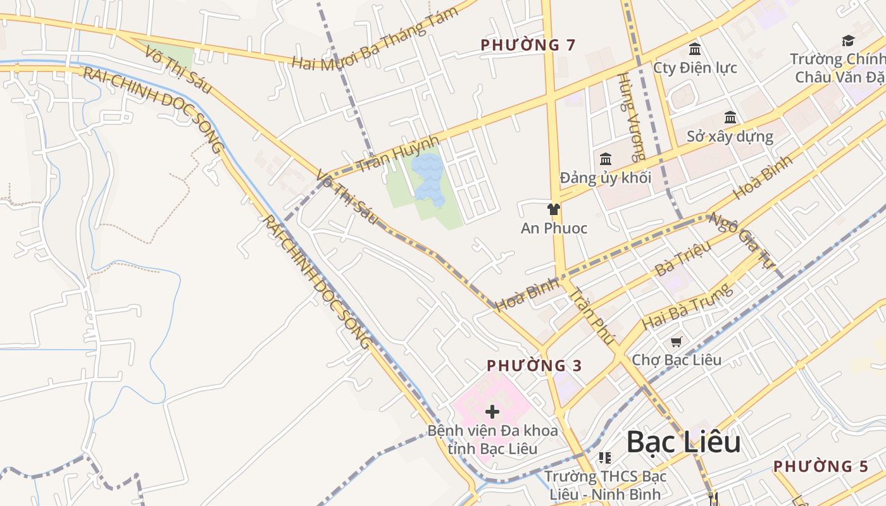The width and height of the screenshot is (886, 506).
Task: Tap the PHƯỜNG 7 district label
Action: pos(528,45)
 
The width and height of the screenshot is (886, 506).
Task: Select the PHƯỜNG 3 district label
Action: pos(535,366)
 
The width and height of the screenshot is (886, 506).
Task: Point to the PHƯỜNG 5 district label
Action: pos(821,466)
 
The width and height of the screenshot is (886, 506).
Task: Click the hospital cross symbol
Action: pos(492,412)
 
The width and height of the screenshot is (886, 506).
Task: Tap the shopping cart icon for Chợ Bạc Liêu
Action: pos(676,342)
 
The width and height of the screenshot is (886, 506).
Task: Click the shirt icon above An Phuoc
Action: pos(554,209)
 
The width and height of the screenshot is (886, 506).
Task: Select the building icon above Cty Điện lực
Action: pos(695,49)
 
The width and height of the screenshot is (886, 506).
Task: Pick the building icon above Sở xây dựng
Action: pos(730,117)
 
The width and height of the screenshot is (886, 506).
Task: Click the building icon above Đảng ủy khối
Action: pos(606,159)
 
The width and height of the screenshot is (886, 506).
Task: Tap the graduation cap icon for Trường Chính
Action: pos(848,41)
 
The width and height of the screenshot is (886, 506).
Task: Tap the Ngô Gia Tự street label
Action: pos(742,240)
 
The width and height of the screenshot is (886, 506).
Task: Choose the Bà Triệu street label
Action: pos(683,259)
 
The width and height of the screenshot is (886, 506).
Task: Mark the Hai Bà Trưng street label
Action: pos(687,306)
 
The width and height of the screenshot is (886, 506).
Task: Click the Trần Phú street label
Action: pos(592,316)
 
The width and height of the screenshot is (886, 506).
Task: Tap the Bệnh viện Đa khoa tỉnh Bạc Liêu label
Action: pos(493,440)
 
